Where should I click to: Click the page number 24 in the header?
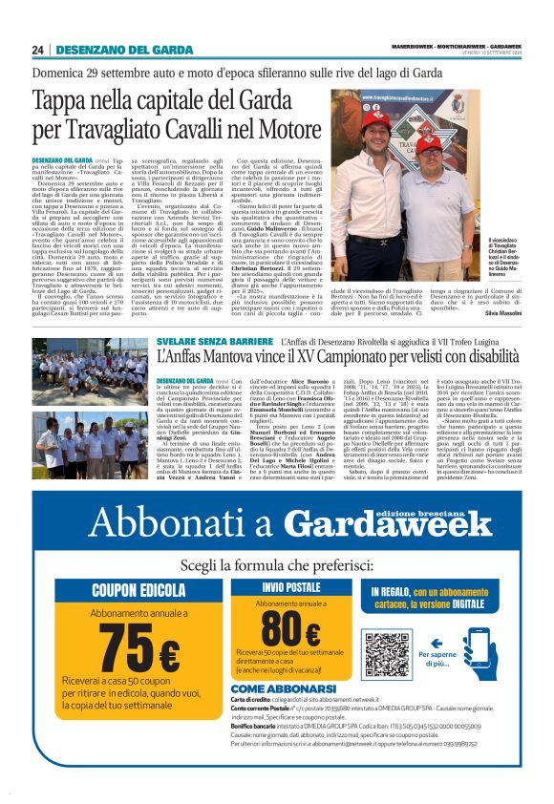pos(38,50)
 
